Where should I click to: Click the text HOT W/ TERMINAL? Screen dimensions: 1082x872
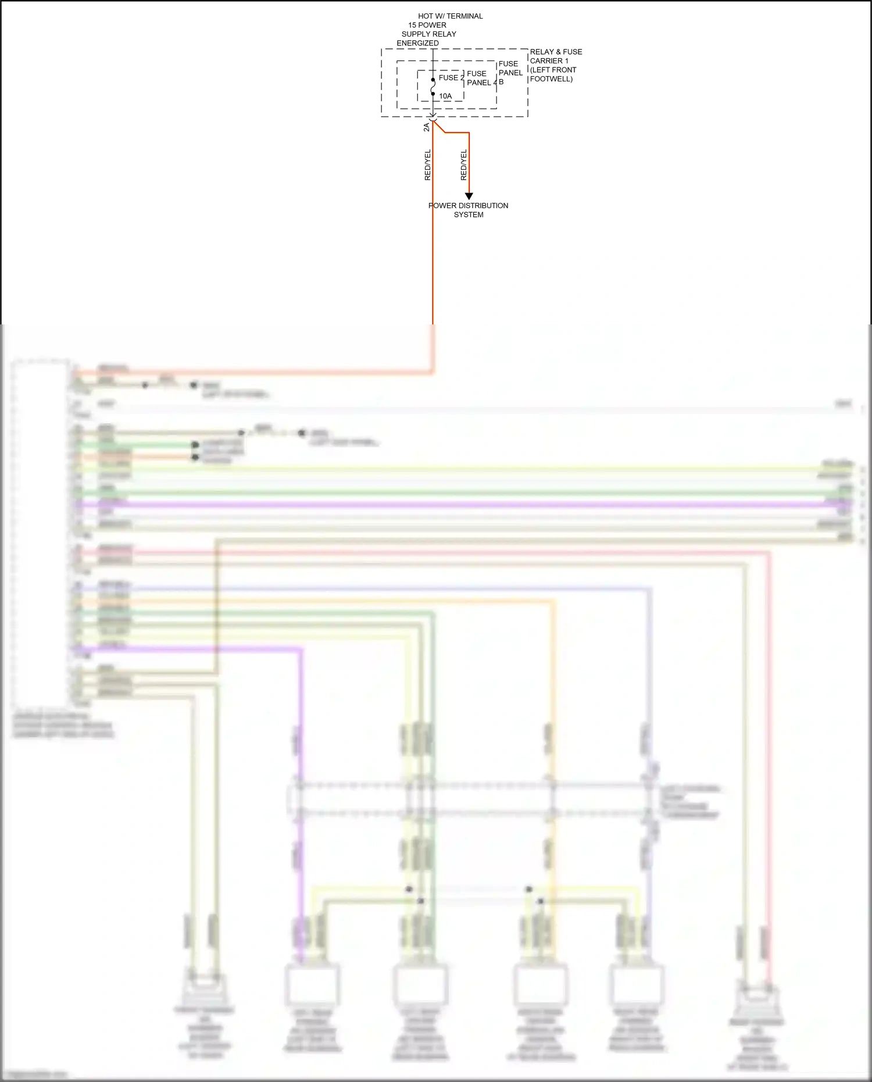[450, 16]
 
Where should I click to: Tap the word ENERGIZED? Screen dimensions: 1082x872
[417, 43]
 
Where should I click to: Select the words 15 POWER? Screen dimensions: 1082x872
[427, 25]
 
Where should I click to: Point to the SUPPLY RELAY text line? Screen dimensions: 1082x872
[428, 34]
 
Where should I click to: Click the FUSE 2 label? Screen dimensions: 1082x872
[451, 77]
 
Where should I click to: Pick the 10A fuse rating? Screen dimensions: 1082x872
[445, 96]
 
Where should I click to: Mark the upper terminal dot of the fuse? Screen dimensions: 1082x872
[433, 80]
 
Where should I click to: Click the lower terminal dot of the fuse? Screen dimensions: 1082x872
[433, 94]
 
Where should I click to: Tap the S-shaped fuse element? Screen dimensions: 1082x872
[433, 87]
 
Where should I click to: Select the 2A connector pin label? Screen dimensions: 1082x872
[427, 127]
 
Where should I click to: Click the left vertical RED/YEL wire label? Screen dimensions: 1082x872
[428, 165]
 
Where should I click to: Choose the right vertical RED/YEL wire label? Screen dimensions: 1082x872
[463, 165]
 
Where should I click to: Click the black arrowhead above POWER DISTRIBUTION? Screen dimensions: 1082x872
[469, 197]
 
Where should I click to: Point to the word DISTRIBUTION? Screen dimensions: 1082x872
[483, 206]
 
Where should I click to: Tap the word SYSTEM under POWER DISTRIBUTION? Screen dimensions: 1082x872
[469, 215]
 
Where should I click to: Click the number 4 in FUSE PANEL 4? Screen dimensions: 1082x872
[495, 83]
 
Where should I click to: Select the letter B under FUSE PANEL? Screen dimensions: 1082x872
[501, 82]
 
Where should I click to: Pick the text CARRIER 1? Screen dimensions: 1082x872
[549, 61]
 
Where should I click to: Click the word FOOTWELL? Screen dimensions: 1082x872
[551, 79]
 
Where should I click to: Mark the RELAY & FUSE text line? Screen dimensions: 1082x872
[556, 52]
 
